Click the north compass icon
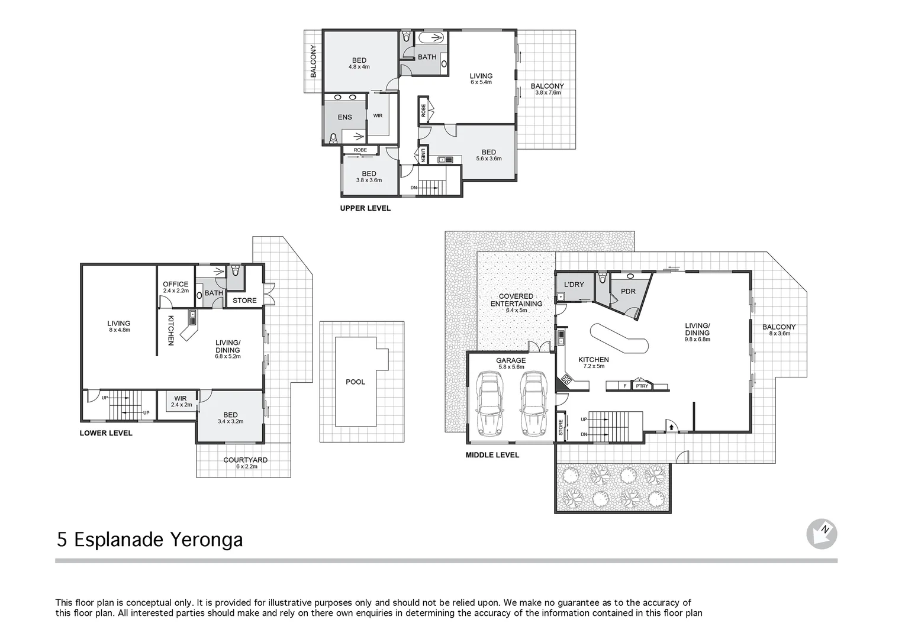tap(822, 534)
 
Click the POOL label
tap(355, 382)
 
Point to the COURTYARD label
tap(245, 460)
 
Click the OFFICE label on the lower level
tap(175, 284)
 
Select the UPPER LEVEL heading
tap(365, 208)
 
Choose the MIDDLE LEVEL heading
tap(492, 455)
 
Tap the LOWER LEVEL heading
tap(106, 433)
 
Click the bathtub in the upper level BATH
tap(429, 38)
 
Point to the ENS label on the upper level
tap(344, 117)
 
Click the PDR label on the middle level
tap(628, 291)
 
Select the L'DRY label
tap(574, 285)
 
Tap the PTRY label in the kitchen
tap(642, 386)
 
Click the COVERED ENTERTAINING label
tap(516, 300)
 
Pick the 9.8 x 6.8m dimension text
tap(697, 340)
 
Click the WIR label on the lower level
tap(181, 398)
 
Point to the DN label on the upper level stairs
tap(413, 188)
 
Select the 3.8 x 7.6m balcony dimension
tap(547, 93)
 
